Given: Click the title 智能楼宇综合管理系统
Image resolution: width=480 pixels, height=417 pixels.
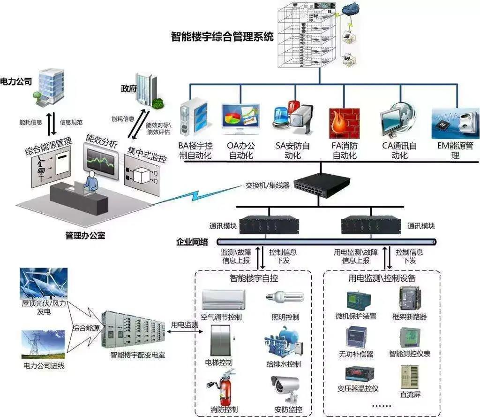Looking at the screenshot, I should pos(222,37).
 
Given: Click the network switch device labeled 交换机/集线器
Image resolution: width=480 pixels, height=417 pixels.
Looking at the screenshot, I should pos(322,183).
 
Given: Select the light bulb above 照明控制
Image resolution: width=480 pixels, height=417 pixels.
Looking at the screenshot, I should pos(285,297).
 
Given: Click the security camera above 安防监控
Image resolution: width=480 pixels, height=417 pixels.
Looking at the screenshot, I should pos(286,387).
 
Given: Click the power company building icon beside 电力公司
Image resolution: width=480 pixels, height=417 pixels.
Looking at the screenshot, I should pos(51,85).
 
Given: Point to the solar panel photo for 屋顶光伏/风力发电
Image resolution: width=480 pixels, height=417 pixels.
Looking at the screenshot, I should pos(44,283).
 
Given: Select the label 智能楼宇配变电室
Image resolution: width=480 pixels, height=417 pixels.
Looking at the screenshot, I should pos(137,356).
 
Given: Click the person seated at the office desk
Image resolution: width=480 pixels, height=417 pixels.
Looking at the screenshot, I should pos(91,182).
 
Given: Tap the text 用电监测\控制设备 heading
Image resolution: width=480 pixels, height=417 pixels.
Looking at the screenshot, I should pos(382,278).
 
